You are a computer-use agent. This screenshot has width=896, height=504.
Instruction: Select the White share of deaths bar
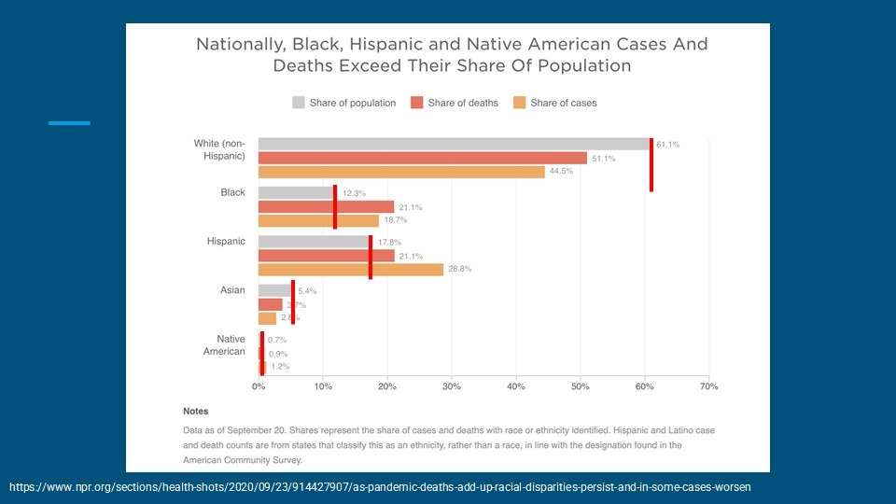pos(422,158)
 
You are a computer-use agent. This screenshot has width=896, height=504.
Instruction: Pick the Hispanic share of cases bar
pos(351,269)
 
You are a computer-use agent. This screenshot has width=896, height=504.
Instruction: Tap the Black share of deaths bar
pos(326,206)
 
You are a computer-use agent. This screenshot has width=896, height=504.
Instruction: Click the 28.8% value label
pos(460,269)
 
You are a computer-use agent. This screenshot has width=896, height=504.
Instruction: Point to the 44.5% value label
pos(561,172)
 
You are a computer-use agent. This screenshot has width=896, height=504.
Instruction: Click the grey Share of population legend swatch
pos(299,103)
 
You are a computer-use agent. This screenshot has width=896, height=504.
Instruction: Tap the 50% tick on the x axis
pos(580,385)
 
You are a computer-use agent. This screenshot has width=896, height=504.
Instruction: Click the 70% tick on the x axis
pos(708,385)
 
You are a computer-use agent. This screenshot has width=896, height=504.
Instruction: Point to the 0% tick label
pos(259,385)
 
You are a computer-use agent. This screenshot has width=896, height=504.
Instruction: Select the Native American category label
pos(224,345)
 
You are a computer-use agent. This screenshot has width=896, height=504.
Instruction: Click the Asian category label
pos(232,290)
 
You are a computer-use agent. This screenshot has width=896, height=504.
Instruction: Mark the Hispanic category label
pos(226,242)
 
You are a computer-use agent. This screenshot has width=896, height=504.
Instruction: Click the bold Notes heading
pos(196,411)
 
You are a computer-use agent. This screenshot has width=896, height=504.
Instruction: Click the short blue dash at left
pos(69,122)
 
